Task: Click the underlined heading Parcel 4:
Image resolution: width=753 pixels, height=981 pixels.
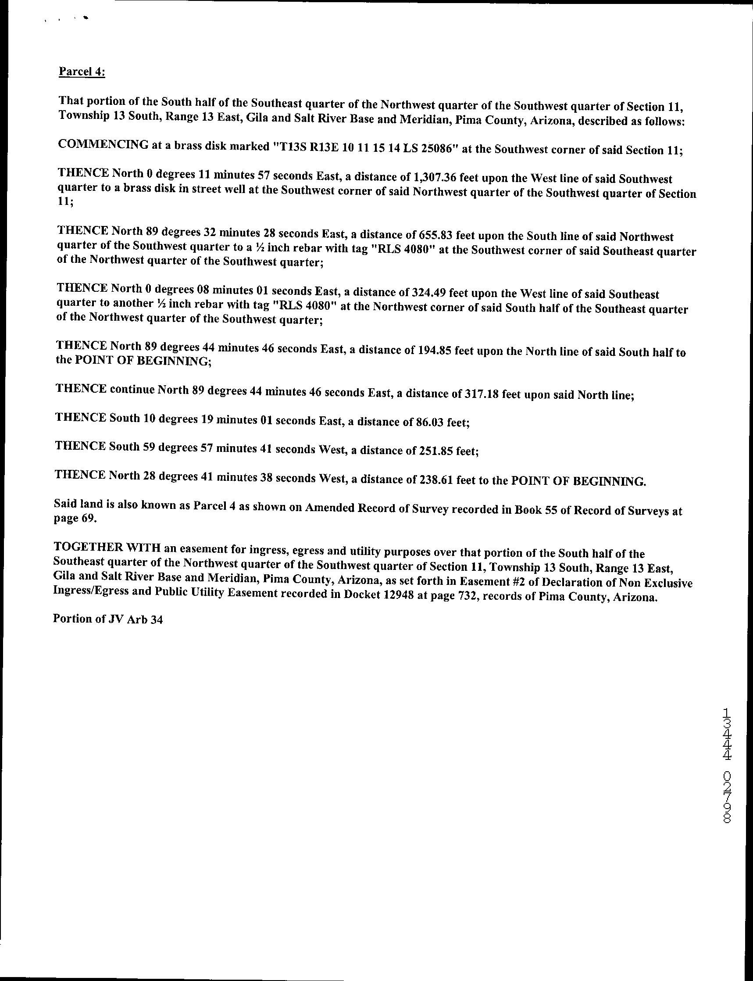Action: click(x=82, y=72)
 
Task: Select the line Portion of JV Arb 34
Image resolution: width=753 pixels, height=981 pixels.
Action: click(x=107, y=619)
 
